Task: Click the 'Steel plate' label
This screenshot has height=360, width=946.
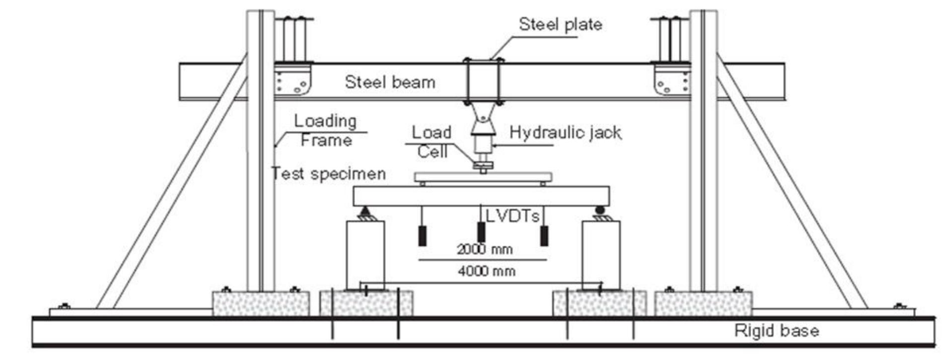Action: (x=560, y=25)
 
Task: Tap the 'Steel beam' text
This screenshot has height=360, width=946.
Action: (x=390, y=82)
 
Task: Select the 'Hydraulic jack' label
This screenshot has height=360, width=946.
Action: (x=565, y=133)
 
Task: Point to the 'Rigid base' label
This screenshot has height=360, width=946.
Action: (x=777, y=331)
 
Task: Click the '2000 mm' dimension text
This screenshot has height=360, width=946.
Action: (x=484, y=249)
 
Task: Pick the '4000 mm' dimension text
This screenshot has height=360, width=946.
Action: (x=486, y=271)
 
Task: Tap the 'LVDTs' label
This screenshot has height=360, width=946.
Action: (x=512, y=216)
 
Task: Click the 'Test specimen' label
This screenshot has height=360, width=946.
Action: (x=328, y=174)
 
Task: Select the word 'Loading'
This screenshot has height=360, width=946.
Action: (x=325, y=121)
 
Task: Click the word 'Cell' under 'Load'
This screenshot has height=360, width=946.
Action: (x=432, y=151)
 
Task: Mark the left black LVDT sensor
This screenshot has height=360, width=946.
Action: (x=422, y=235)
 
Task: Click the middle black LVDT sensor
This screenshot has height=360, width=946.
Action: (x=481, y=232)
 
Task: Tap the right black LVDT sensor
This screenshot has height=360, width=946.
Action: (x=544, y=235)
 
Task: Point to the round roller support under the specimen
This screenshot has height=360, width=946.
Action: (x=600, y=211)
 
